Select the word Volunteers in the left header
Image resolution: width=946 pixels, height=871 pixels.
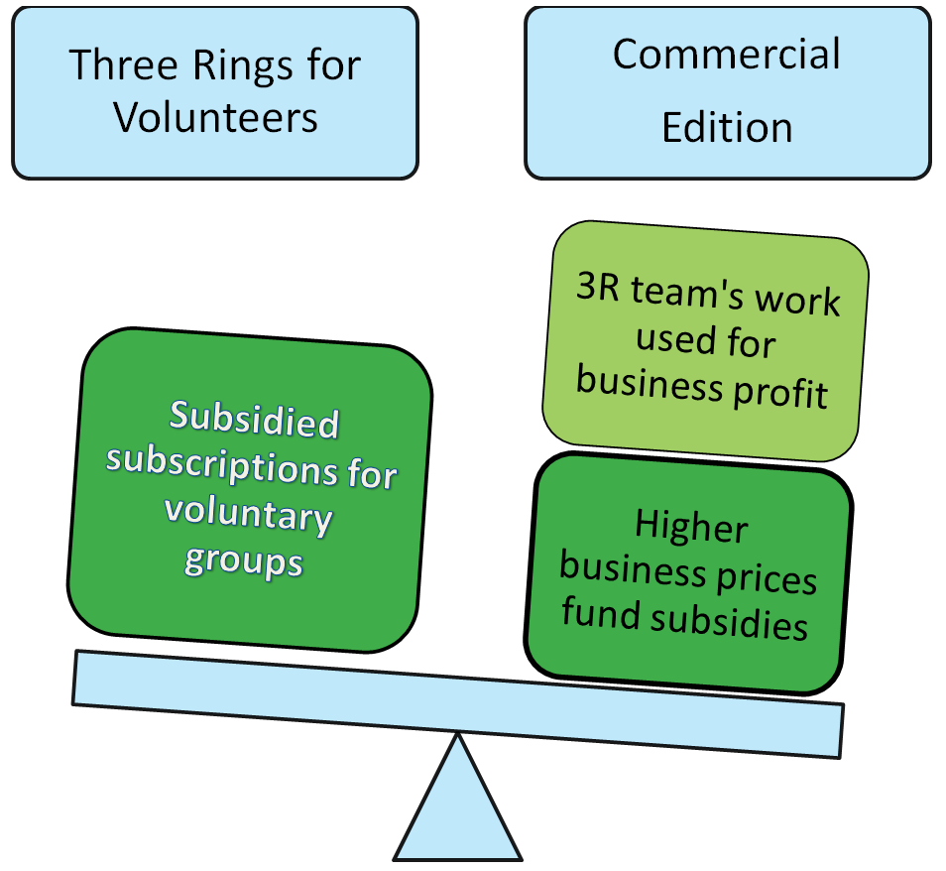coord(215,118)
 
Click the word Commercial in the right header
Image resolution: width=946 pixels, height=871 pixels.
coord(727,54)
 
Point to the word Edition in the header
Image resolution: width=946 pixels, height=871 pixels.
coord(727,128)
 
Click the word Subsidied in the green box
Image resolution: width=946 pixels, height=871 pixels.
coord(255,421)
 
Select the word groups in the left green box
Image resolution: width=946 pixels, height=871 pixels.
coord(243,560)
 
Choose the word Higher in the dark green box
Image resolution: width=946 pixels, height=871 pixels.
coord(691,526)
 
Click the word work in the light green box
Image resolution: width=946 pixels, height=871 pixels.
coord(798,301)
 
